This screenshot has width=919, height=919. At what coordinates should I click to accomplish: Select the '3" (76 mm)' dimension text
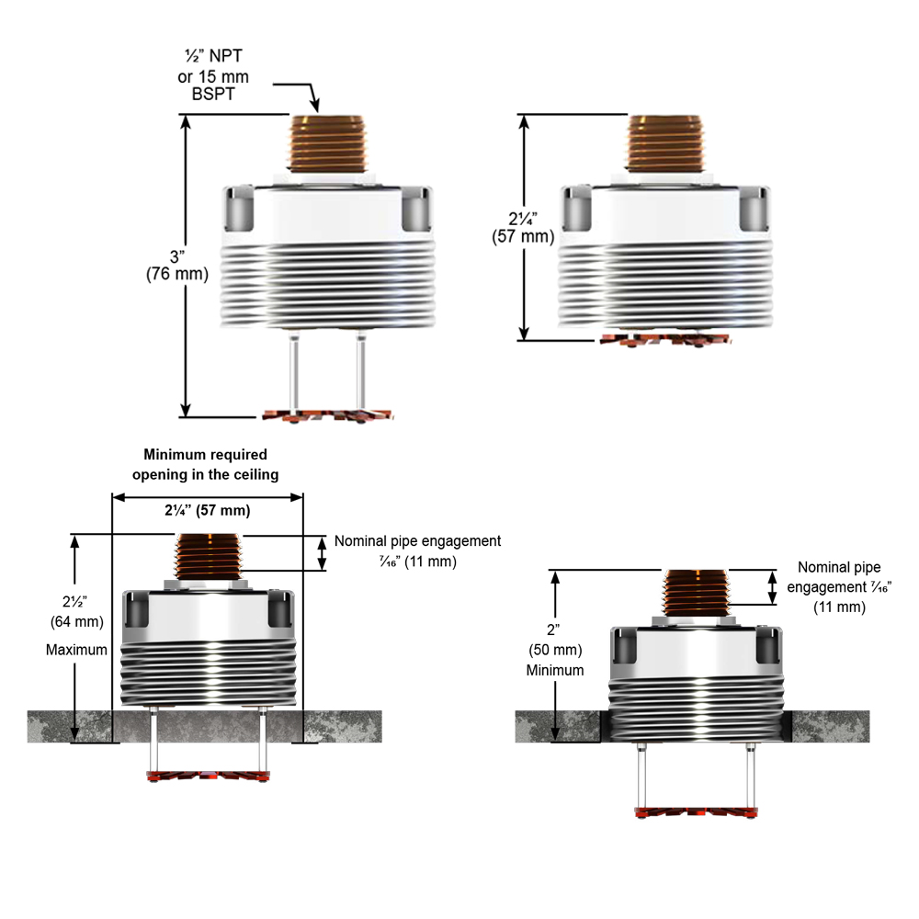177,265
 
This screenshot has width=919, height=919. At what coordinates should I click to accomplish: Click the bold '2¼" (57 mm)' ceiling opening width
207,510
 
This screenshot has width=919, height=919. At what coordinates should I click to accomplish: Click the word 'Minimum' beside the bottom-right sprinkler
555,670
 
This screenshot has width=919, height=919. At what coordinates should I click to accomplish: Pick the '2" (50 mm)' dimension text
555,641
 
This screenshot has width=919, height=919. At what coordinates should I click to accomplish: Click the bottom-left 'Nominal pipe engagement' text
417,550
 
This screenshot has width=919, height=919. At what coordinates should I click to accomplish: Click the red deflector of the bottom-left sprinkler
208,777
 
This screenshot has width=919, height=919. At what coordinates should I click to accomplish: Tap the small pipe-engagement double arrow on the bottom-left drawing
322,553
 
